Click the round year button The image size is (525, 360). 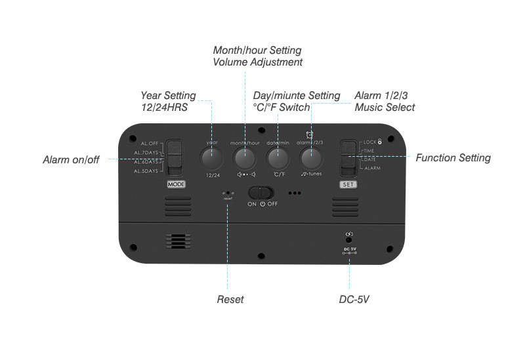[211, 157]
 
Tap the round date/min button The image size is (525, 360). [278, 157]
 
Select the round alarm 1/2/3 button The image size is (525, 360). [310, 157]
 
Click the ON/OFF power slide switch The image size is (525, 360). [261, 193]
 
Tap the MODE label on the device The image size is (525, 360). [177, 185]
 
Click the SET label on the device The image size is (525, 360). [348, 185]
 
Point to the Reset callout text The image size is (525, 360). [230, 300]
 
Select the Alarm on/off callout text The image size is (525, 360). [71, 159]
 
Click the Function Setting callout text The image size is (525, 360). [453, 157]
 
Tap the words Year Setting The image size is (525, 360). [168, 96]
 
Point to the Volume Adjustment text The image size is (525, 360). [257, 62]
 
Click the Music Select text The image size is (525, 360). [385, 107]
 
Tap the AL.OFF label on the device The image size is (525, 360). [150, 143]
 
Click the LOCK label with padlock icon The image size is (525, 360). [371, 142]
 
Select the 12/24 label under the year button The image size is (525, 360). [211, 175]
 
